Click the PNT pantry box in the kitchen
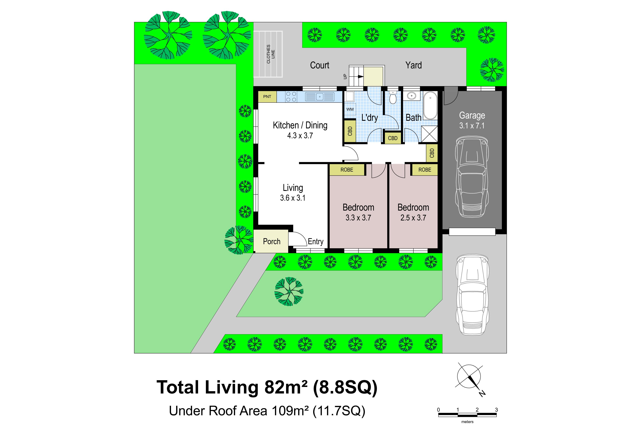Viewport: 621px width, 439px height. (267, 97)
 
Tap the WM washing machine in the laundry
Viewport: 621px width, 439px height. (350, 109)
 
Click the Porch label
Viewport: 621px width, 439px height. (272, 241)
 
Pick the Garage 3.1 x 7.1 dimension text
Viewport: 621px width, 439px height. (472, 126)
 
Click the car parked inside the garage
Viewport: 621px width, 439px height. (472, 176)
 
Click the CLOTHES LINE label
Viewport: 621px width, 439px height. (270, 54)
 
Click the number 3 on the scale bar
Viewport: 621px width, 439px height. (496, 410)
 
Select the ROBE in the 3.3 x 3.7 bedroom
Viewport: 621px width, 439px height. (347, 170)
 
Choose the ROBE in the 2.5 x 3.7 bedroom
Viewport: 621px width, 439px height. (425, 170)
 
